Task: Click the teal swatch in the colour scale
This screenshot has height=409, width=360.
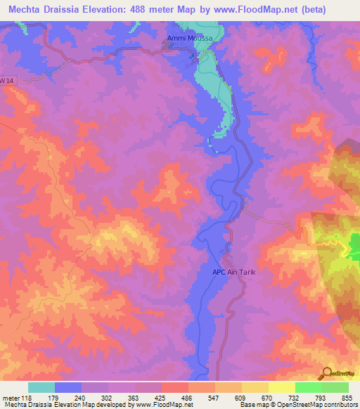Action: tap(41, 387)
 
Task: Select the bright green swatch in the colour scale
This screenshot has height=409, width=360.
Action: tap(309, 387)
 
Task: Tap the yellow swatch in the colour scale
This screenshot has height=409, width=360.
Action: tap(282, 387)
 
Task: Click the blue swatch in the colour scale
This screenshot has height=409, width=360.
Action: tap(68, 387)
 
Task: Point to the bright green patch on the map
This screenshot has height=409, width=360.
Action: tap(355, 247)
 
